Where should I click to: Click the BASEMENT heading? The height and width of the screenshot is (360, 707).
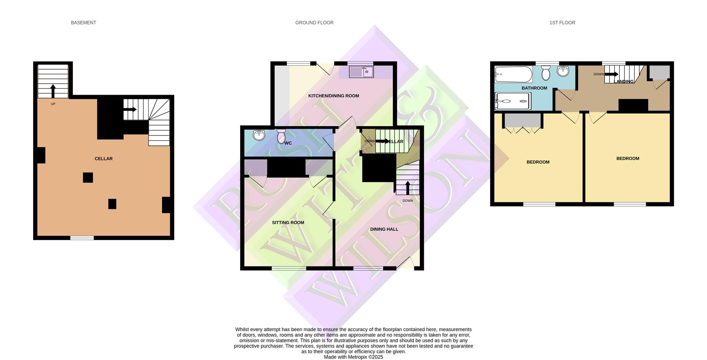pos(83,23)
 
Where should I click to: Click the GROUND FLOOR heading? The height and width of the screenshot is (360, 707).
pos(314,23)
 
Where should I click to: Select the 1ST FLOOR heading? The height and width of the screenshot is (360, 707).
pos(562,23)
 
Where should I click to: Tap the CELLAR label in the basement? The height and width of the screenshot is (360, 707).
pos(103,159)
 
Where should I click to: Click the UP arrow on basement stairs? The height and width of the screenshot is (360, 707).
pos(53,91)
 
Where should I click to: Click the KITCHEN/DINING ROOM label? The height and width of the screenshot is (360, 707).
pos(333,96)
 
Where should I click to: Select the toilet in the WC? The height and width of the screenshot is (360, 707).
pos(281,136)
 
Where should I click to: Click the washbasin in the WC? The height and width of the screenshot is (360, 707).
pos(259,135)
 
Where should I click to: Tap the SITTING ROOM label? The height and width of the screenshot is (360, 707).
pos(288,223)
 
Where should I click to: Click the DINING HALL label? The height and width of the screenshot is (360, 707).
pos(384,229)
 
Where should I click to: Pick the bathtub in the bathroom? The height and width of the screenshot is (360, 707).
pos(513,74)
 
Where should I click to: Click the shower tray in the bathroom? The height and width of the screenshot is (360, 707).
pos(512,101)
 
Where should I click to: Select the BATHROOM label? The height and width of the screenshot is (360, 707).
pos(534,88)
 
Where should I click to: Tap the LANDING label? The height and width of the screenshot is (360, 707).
pos(625,81)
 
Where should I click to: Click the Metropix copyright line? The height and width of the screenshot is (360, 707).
pos(353,357)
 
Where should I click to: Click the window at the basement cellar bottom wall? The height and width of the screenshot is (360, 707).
pos(82,238)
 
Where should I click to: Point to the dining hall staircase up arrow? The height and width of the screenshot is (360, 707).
pos(407,187)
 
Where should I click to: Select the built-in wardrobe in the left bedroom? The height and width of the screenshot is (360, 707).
pos(522,120)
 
